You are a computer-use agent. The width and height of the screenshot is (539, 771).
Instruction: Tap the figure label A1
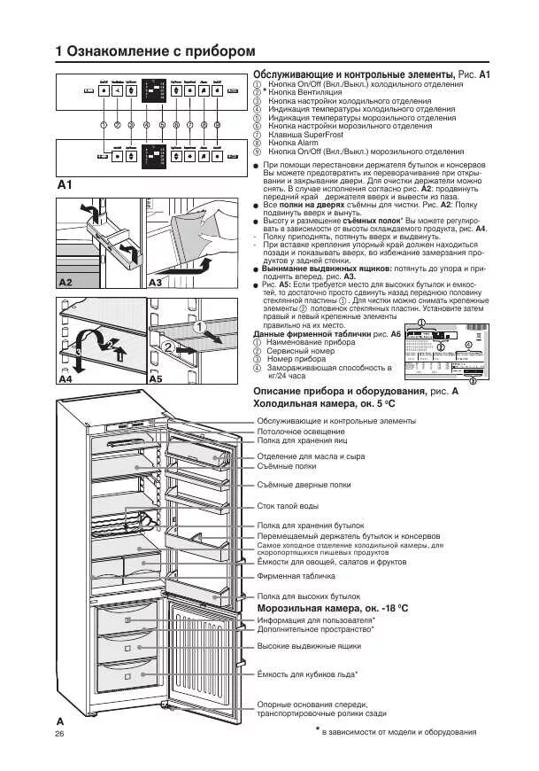[65, 185]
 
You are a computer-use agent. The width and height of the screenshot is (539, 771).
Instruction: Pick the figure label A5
[156, 378]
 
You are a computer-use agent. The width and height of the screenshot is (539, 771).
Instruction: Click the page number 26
[60, 734]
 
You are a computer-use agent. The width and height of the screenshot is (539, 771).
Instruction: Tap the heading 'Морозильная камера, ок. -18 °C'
[332, 609]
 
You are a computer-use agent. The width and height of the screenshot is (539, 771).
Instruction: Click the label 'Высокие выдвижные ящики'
[309, 646]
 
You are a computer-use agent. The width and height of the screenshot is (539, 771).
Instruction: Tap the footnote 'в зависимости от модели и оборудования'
[398, 732]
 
